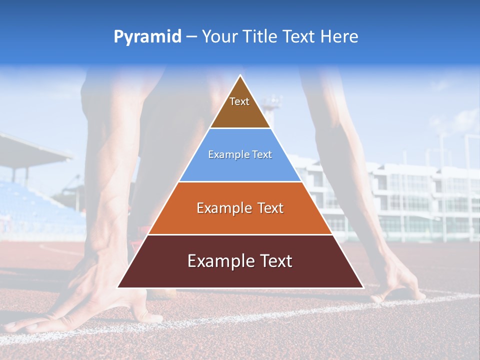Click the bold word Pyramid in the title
coord(147,37)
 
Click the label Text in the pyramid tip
coord(239,101)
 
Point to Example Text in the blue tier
coord(240,154)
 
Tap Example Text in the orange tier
coord(240,208)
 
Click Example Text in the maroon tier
coord(240,261)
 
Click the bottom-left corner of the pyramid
coord(118,287)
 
